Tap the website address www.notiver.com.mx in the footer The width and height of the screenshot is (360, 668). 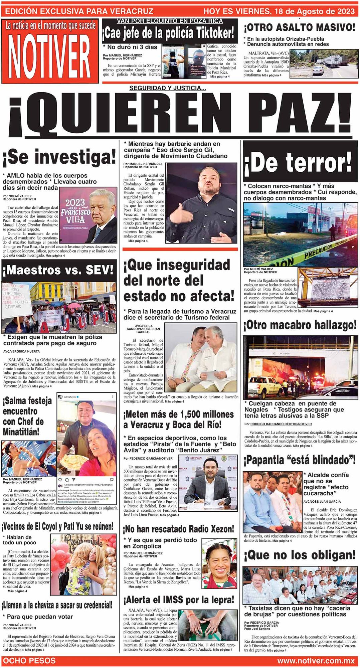point(316,660)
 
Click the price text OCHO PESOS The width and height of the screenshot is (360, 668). point(29,660)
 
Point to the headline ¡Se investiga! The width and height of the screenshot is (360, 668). point(59,157)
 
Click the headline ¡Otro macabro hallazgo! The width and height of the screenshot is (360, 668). point(300,325)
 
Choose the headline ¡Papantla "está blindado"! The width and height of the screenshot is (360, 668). point(300,460)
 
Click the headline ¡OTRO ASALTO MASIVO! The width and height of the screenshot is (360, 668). point(300,27)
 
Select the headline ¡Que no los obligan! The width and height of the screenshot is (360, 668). point(300,555)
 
